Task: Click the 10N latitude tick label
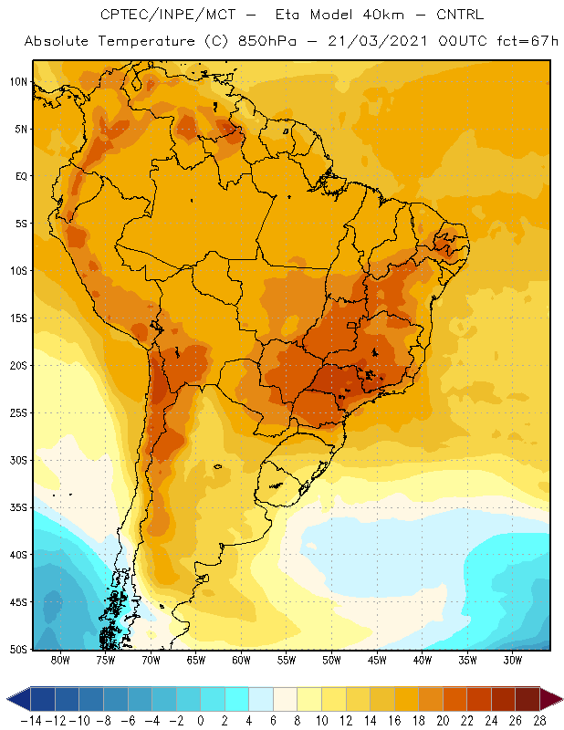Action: pyautogui.click(x=18, y=82)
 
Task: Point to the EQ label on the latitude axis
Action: pyautogui.click(x=21, y=176)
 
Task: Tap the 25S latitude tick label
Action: pyautogui.click(x=18, y=413)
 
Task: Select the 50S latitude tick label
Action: pyautogui.click(x=18, y=650)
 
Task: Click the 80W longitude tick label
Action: pyautogui.click(x=60, y=660)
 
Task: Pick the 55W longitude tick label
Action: pyautogui.click(x=287, y=660)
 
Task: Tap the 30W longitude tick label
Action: pyautogui.click(x=513, y=660)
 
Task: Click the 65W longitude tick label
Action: pyautogui.click(x=196, y=660)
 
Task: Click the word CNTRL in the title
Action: pyautogui.click(x=460, y=15)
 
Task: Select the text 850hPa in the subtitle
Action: pyautogui.click(x=267, y=41)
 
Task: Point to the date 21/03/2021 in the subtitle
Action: pyautogui.click(x=378, y=41)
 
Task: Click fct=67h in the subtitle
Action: pyautogui.click(x=527, y=41)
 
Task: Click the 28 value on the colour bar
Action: pyautogui.click(x=539, y=721)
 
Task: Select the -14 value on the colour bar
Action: pyautogui.click(x=31, y=721)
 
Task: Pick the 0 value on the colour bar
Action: pyautogui.click(x=201, y=721)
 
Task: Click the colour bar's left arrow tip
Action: pyautogui.click(x=7, y=699)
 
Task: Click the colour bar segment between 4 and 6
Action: pyautogui.click(x=261, y=699)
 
